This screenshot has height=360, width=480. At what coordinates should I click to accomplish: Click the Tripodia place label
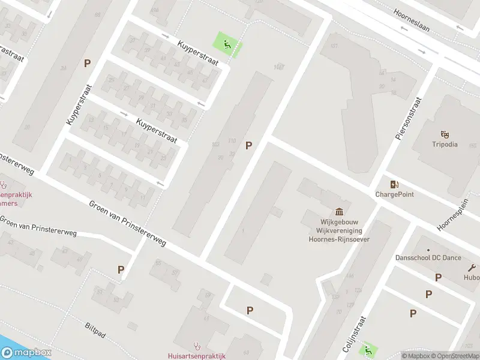point(445,145)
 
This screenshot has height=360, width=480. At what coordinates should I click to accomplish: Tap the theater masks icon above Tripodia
point(445,133)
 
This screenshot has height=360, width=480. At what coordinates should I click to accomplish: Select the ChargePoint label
point(394,194)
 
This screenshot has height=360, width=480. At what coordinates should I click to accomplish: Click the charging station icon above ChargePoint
point(394,184)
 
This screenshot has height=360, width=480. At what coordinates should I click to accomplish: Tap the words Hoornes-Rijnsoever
point(339,239)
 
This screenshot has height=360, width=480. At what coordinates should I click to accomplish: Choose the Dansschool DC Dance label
point(428,258)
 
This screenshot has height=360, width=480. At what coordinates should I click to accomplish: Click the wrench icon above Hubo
point(472,268)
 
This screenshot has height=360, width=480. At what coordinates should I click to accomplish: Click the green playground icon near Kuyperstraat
point(227,43)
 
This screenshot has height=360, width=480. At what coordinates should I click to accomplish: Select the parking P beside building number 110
point(249,145)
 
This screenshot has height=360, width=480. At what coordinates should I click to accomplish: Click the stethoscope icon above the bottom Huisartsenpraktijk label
point(196,346)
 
